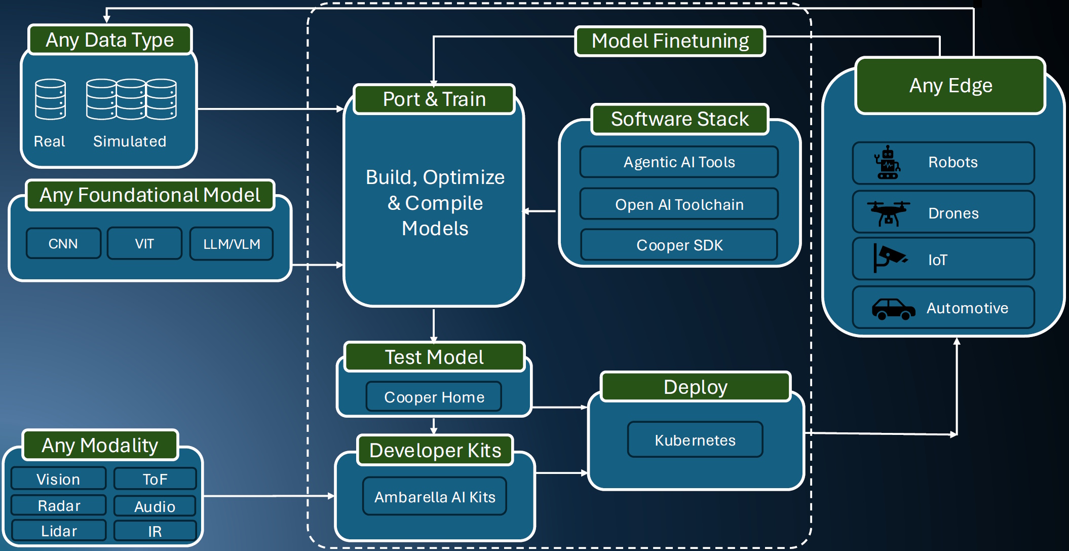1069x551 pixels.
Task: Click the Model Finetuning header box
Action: [x=670, y=41]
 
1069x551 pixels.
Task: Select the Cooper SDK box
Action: [x=679, y=245]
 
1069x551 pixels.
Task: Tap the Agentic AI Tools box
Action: [x=679, y=162]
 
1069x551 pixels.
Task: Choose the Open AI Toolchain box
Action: [x=679, y=204]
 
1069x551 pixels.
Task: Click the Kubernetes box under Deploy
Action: [x=695, y=440]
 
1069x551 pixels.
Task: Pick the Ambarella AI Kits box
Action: [x=435, y=497]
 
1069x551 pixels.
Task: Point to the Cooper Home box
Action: [x=434, y=397]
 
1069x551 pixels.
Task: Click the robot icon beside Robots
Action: [x=887, y=163]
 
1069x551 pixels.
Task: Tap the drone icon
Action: [x=888, y=213]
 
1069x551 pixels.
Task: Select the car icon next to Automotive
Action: [x=893, y=309]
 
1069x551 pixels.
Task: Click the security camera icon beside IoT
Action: [x=890, y=258]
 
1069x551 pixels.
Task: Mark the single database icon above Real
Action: [x=50, y=99]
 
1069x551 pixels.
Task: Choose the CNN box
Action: [x=63, y=244]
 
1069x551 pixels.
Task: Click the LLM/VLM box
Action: [x=232, y=244]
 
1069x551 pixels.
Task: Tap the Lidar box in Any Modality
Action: [x=59, y=531]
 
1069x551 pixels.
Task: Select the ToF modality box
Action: [x=155, y=479]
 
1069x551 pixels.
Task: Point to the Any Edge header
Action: [x=950, y=86]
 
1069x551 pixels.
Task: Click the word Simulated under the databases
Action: [x=130, y=141]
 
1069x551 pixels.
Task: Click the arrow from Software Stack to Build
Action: [x=540, y=211]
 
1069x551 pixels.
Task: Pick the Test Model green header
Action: [x=434, y=357]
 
